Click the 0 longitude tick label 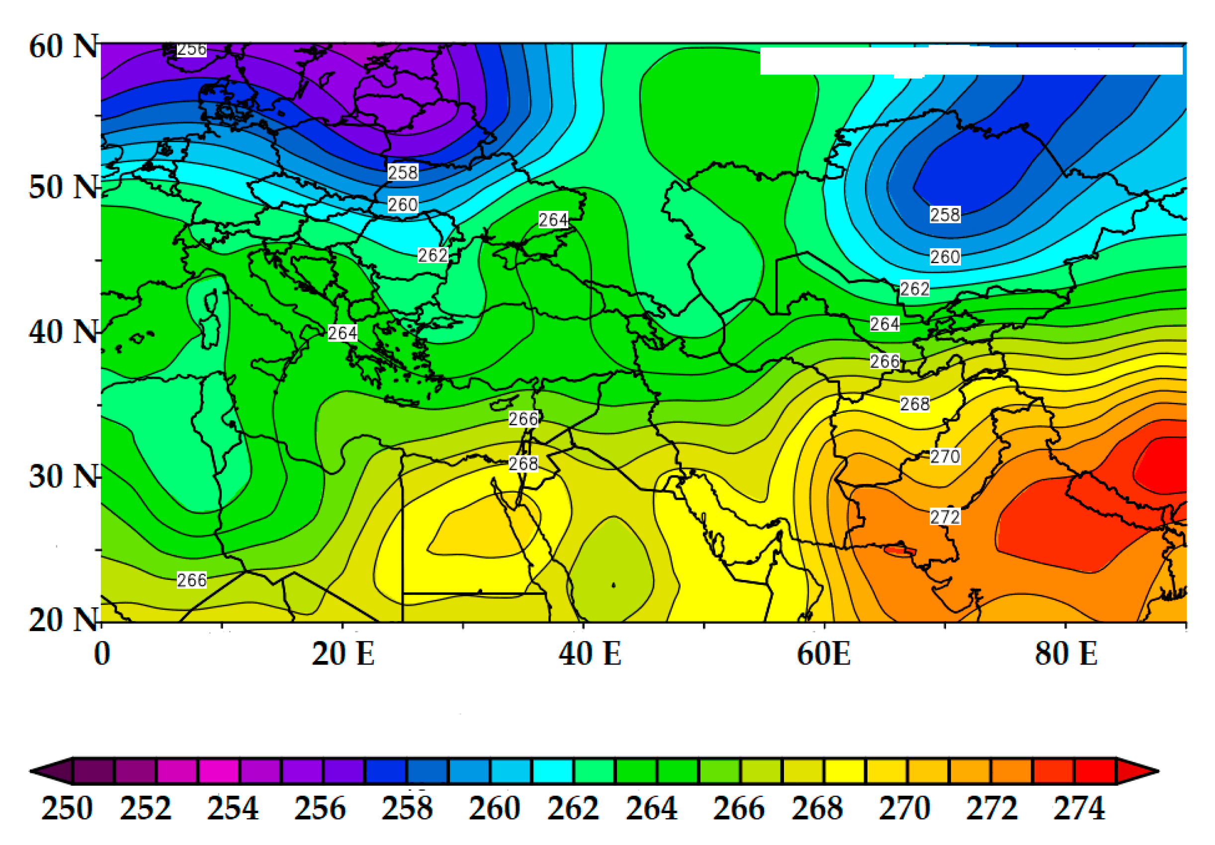tap(102, 654)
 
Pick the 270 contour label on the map tap(945, 456)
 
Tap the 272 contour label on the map tap(945, 516)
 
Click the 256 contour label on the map tap(191, 50)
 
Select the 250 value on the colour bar tap(67, 809)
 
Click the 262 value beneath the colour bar tap(573, 809)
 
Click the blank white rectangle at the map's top tap(971, 61)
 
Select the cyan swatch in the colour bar tap(552, 771)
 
